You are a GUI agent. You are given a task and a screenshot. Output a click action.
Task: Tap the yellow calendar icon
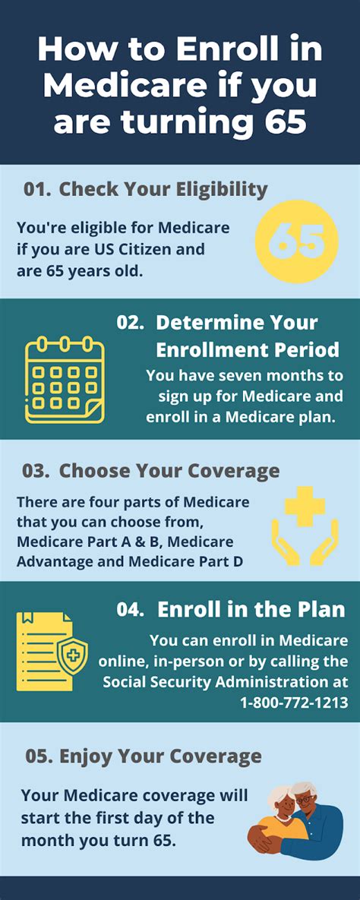(x=64, y=381)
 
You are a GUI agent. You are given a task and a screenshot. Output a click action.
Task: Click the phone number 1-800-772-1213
(x=294, y=703)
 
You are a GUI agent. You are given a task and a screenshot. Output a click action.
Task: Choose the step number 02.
(x=130, y=322)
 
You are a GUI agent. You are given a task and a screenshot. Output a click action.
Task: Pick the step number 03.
(x=36, y=471)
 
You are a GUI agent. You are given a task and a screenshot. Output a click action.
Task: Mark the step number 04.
(x=131, y=609)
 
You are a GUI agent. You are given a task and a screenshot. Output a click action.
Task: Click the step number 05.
(x=38, y=756)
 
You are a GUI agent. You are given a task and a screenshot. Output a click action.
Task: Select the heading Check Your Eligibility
(x=163, y=190)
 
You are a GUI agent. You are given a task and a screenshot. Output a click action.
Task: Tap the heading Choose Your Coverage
(x=169, y=471)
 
